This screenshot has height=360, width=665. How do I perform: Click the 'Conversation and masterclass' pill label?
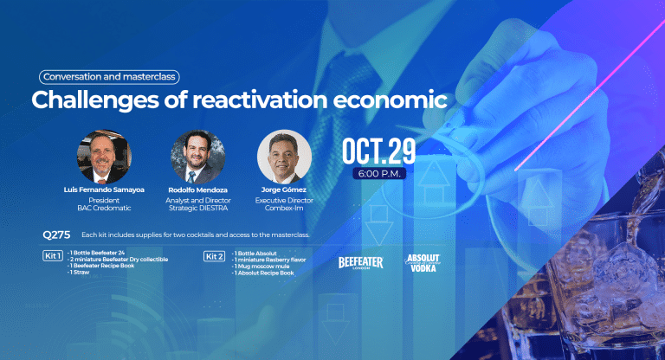[109, 77]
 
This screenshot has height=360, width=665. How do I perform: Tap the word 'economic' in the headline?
[390, 100]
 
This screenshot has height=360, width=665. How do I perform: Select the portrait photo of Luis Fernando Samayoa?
[104, 157]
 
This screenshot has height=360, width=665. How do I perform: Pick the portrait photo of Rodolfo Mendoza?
[197, 157]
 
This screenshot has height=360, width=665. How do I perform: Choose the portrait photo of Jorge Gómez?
[284, 157]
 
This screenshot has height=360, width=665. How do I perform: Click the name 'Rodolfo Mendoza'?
[197, 190]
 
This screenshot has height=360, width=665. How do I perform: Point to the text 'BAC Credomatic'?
[104, 208]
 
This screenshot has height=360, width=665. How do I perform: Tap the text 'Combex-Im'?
[284, 208]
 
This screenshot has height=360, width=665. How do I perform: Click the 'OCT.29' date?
[378, 151]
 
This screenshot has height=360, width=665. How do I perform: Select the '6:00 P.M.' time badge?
[379, 173]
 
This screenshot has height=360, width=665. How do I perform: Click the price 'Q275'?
[56, 235]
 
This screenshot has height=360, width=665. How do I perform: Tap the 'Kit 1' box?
[53, 255]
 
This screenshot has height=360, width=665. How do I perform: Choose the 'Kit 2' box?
[214, 256]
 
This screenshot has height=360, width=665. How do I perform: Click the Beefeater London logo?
[360, 263]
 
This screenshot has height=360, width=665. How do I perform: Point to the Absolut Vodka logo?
[423, 263]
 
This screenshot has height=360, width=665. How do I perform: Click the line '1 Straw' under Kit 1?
[79, 273]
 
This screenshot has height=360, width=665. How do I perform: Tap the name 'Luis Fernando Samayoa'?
[104, 190]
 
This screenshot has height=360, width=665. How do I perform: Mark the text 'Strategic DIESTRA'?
[198, 208]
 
